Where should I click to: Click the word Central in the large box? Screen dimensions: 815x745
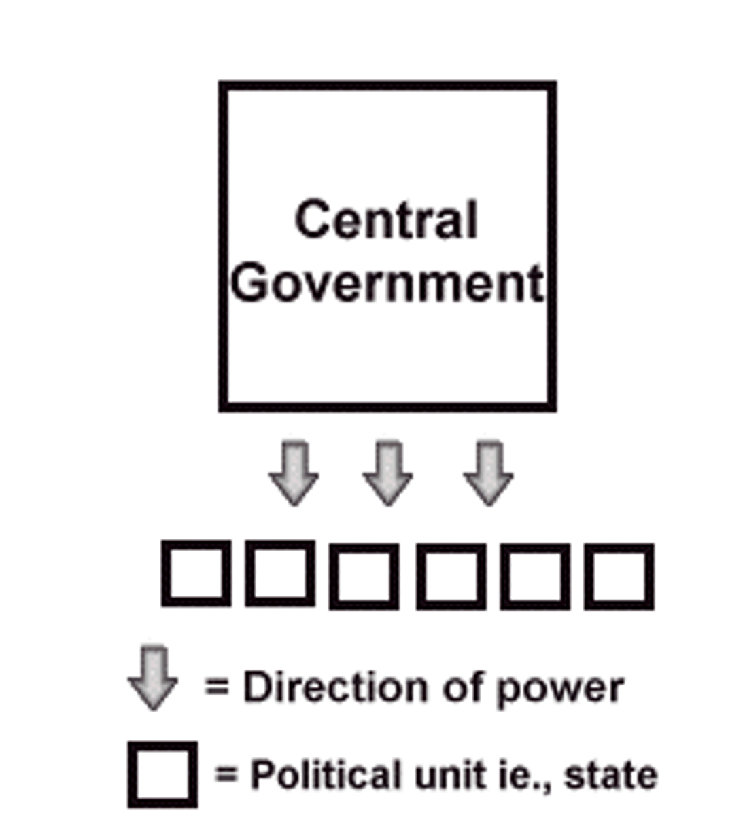coord(386,220)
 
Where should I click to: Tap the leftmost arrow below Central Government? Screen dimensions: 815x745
coord(294,473)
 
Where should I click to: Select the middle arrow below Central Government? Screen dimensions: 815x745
coord(387,473)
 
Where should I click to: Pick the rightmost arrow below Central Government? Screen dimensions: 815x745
coord(488,473)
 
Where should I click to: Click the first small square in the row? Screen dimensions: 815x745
coord(195,574)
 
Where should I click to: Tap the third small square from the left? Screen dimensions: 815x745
coord(364,576)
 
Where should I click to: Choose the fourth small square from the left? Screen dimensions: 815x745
coord(451,576)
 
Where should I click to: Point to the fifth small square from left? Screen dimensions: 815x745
coord(535,576)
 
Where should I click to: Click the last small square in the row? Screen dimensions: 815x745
coord(619,576)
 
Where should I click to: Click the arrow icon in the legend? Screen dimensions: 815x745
coord(153,678)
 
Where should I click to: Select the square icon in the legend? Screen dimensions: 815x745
coord(162,774)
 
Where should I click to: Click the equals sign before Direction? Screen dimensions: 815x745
coord(217,687)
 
